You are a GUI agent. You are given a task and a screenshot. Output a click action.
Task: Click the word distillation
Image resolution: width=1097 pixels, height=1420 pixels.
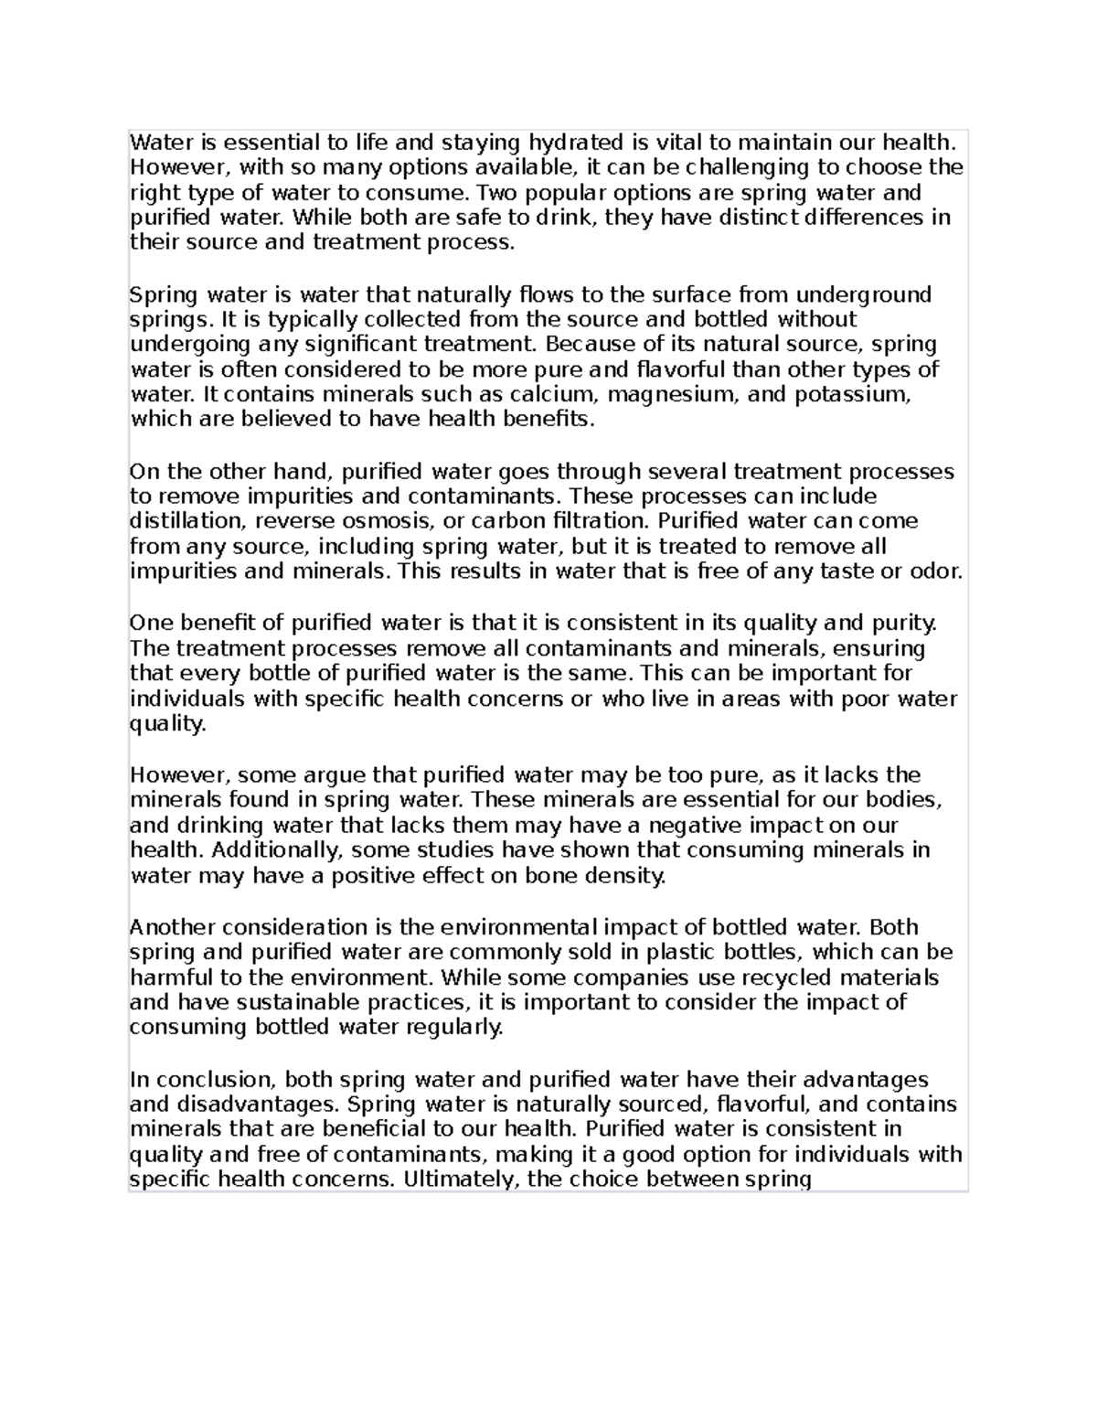click(x=188, y=521)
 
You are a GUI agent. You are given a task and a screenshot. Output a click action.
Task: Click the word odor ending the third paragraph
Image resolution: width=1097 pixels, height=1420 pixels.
click(x=933, y=571)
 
